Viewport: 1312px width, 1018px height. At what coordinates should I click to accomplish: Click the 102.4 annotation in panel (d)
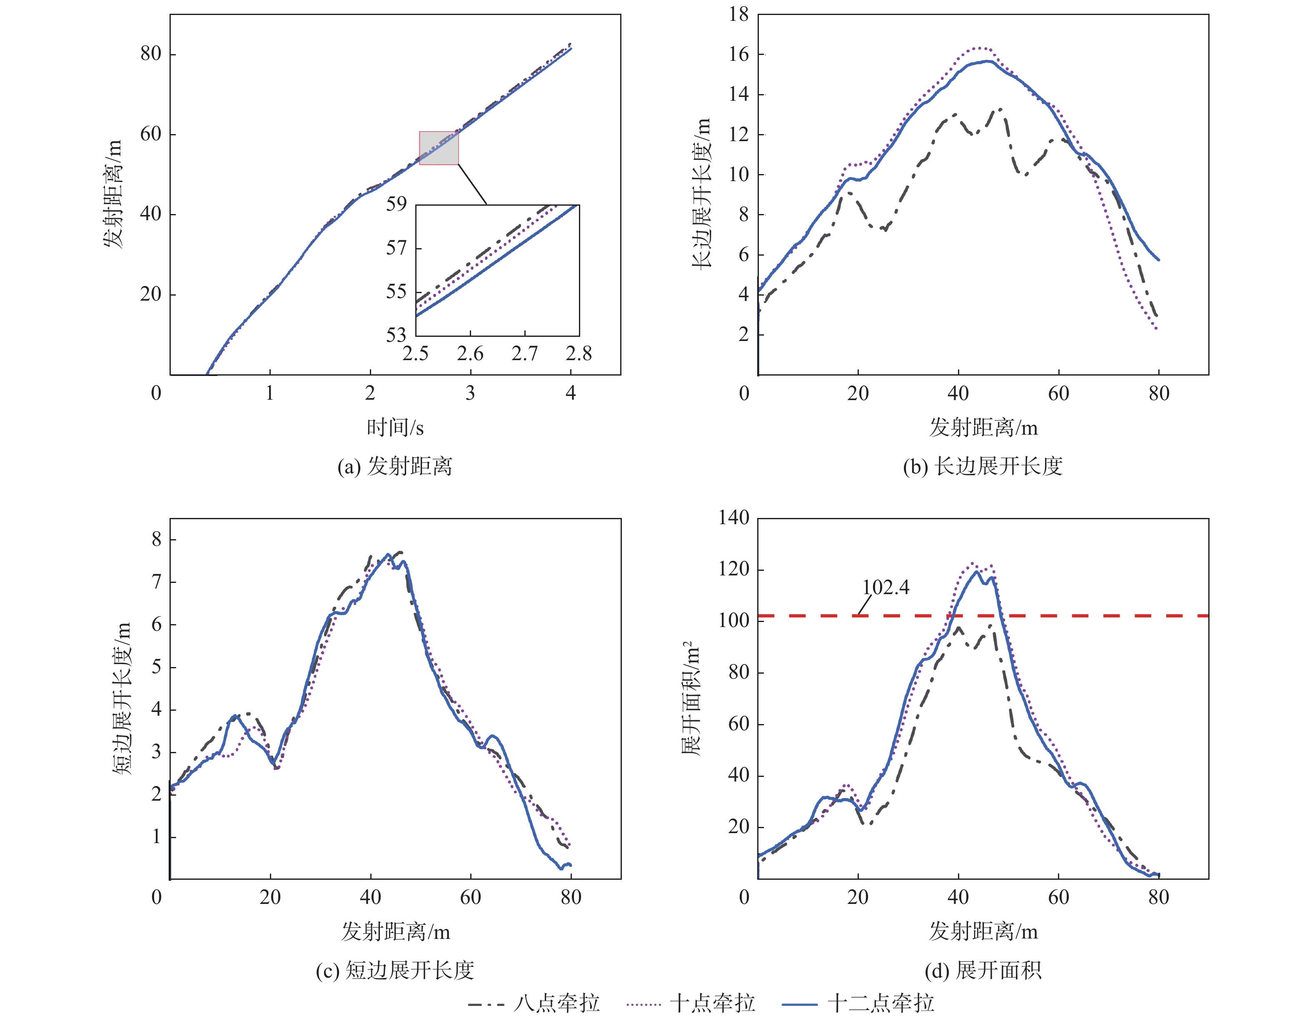click(x=885, y=587)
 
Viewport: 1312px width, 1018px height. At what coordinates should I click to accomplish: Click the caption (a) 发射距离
click(x=395, y=466)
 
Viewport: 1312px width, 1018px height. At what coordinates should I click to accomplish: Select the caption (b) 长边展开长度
click(x=983, y=466)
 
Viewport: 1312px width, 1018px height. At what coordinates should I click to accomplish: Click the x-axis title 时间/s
click(x=395, y=428)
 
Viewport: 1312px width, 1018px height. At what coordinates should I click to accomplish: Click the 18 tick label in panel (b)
click(x=739, y=15)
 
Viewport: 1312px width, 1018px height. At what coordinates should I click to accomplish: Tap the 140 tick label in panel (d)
click(x=733, y=518)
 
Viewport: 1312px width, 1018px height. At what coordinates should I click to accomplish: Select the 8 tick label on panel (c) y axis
click(x=156, y=539)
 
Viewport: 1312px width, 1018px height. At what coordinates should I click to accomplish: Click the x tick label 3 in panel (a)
click(x=470, y=393)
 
